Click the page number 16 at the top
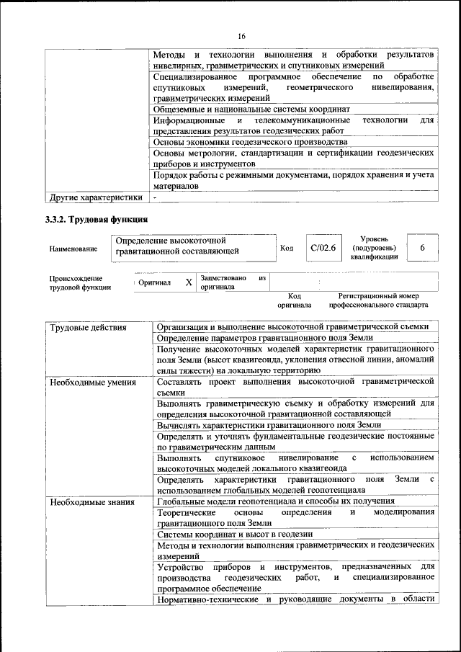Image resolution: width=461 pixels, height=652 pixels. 241,36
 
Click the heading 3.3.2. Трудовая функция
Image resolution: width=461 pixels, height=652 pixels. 97,219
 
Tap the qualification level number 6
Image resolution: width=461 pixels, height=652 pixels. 423,248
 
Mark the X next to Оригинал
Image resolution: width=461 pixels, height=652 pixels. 188,283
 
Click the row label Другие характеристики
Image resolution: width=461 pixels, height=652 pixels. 94,196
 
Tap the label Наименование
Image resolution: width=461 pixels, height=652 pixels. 73,249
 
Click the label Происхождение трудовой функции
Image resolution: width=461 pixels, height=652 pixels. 80,282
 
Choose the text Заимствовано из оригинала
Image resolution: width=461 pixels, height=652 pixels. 233,282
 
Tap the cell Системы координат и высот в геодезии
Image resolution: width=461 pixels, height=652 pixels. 234,534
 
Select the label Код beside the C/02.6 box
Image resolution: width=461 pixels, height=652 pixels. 286,249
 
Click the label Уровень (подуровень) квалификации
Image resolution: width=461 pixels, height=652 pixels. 374,247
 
